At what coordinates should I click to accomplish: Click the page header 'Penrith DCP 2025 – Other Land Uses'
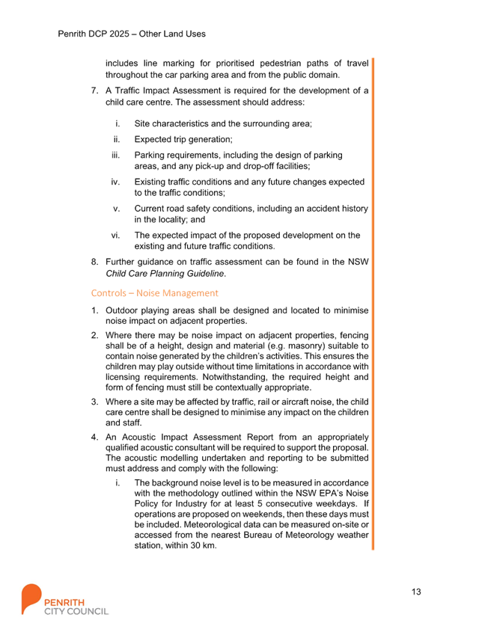131,34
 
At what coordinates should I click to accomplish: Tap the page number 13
416,592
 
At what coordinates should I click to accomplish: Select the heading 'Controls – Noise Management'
154,293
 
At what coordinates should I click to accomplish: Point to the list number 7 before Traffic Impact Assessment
94,91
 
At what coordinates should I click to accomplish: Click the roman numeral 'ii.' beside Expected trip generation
117,139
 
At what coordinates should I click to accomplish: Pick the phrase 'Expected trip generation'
183,139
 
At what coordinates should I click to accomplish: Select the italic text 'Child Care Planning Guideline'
165,274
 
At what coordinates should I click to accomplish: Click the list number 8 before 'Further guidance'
94,262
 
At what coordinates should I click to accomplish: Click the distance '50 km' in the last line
203,545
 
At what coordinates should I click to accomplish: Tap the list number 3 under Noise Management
94,402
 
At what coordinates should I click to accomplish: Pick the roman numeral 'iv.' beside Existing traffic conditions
116,182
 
